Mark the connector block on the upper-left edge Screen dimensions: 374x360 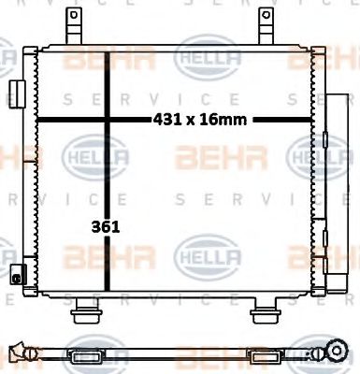tap(17, 94)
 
